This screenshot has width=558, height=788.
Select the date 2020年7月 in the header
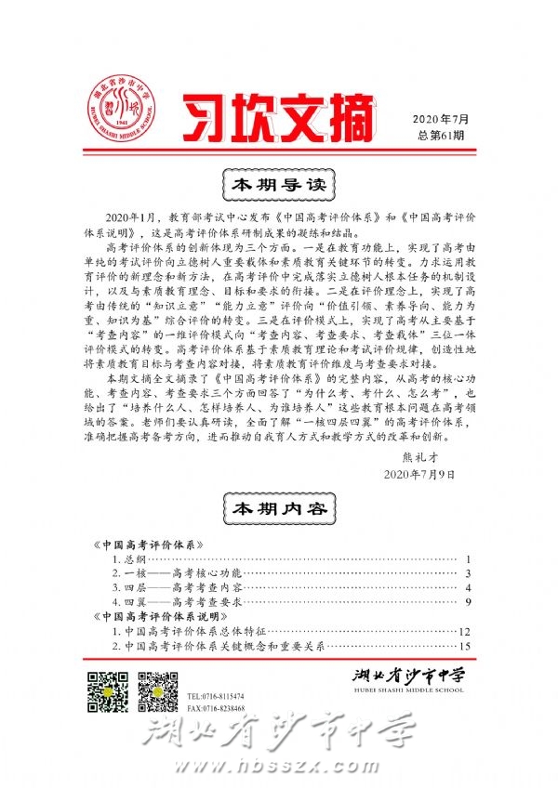coord(442,118)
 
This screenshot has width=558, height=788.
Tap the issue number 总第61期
coord(442,135)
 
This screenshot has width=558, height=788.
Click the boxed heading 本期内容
coord(278,509)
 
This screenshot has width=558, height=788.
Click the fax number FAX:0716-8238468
coord(215,709)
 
